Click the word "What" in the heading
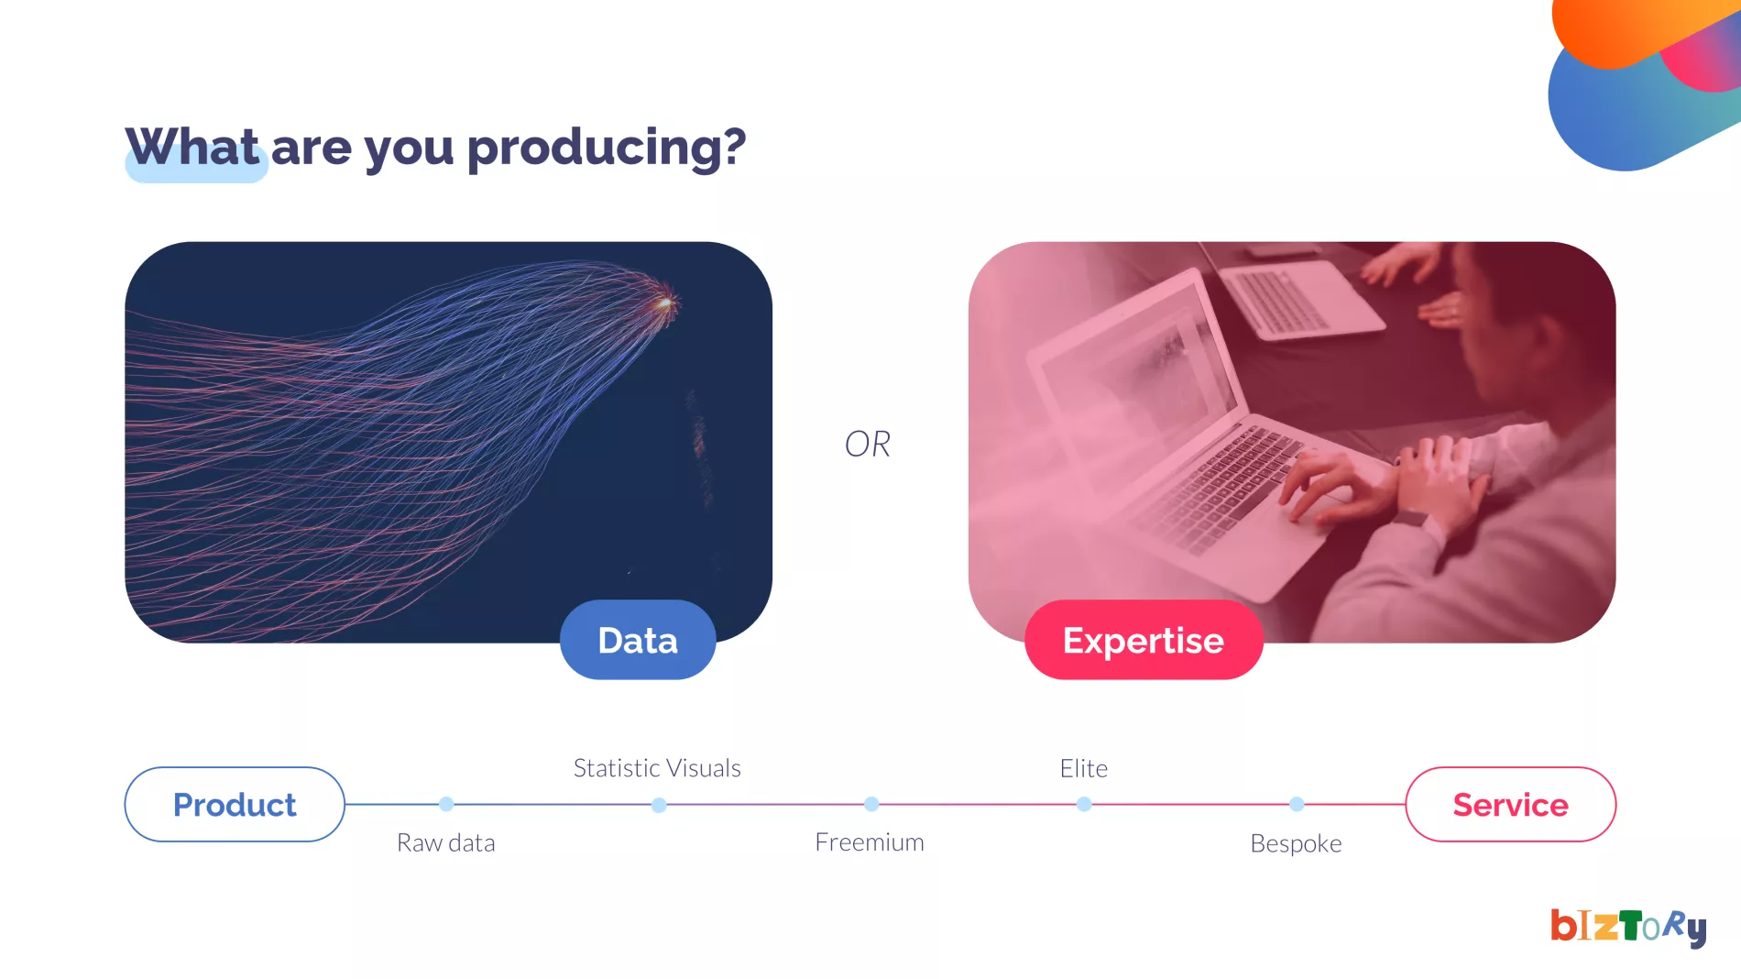(192, 147)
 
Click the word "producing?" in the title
(607, 148)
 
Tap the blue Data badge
(638, 640)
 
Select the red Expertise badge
(1144, 640)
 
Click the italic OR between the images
(867, 445)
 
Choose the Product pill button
(235, 805)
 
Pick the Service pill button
(1510, 805)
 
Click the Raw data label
(445, 843)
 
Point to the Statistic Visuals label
(657, 768)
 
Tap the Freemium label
(870, 842)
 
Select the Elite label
(1084, 768)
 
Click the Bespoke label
(1296, 843)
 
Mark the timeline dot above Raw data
(446, 804)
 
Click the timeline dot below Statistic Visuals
(659, 805)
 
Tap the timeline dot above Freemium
(871, 804)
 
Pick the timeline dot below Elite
(1084, 804)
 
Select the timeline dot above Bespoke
(1297, 804)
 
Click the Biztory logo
(1628, 927)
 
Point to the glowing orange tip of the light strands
(664, 302)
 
